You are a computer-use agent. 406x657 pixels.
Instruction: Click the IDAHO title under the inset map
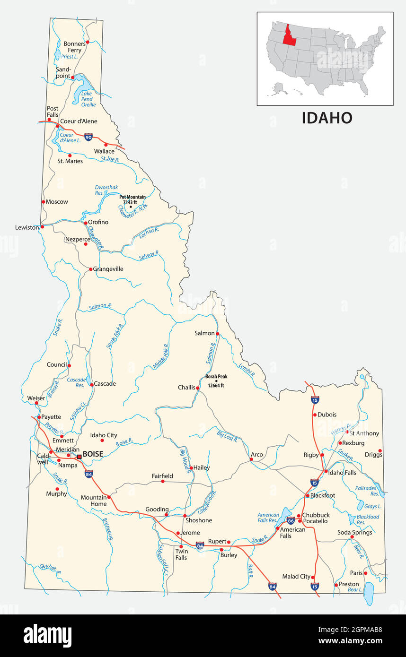tap(327, 118)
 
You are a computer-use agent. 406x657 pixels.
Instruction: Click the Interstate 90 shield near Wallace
tap(88, 137)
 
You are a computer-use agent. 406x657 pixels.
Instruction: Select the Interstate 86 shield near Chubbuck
tap(291, 521)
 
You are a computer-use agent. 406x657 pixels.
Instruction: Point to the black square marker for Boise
tap(79, 457)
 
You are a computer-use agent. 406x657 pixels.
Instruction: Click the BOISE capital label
tap(93, 454)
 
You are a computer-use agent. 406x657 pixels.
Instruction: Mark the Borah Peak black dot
tap(216, 381)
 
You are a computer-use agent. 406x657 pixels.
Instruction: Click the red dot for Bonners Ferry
tap(88, 42)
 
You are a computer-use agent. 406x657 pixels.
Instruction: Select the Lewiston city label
tap(27, 227)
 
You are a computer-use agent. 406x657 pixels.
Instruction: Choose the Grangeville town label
tap(108, 269)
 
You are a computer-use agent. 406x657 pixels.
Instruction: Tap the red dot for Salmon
tap(218, 334)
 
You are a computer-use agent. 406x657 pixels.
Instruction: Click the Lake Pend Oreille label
tap(88, 99)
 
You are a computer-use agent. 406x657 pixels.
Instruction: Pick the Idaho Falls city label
tap(342, 473)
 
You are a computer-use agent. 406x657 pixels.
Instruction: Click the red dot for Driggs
tap(380, 451)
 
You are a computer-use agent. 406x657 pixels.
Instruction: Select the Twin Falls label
tap(181, 554)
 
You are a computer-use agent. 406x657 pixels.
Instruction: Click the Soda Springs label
tap(354, 532)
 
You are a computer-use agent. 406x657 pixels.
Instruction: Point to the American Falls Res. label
tap(268, 518)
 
